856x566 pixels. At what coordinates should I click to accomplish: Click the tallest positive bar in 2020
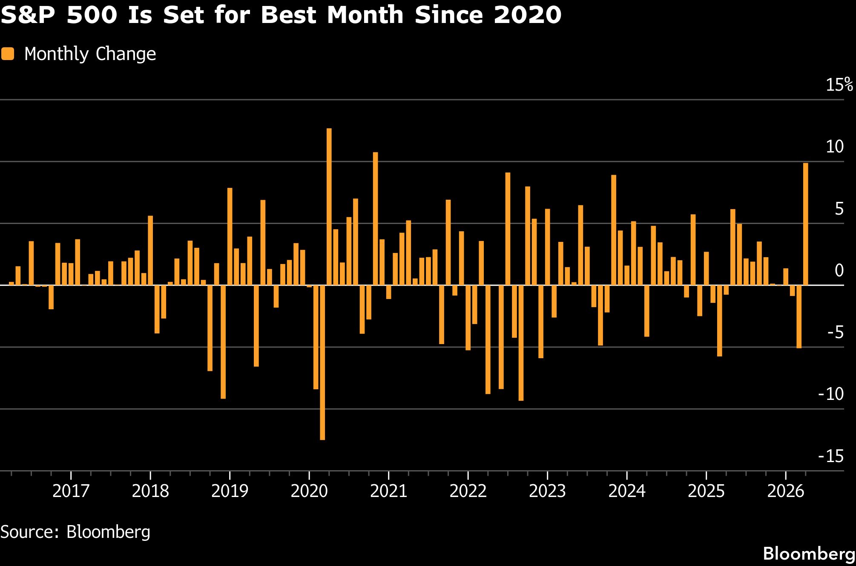click(x=329, y=207)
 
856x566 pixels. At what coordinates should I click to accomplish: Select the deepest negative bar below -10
click(x=322, y=362)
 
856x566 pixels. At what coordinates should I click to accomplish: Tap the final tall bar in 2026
click(x=805, y=224)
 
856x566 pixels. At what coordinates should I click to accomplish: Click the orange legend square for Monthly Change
click(x=8, y=54)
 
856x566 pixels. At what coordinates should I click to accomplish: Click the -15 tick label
click(x=831, y=456)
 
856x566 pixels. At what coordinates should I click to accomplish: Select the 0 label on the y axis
click(x=839, y=270)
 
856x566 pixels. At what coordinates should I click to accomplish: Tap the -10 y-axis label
click(x=831, y=394)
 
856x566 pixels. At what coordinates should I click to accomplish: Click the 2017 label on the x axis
click(x=71, y=491)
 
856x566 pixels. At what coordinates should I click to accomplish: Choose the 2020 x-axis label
click(x=309, y=491)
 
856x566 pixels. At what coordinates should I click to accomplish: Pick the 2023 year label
click(x=547, y=491)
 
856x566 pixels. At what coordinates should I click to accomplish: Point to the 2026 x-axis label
click(x=785, y=491)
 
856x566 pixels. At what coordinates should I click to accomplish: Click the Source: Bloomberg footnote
click(x=75, y=532)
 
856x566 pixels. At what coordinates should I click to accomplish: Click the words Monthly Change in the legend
click(x=90, y=54)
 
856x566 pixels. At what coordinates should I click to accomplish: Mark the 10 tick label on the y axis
click(x=835, y=147)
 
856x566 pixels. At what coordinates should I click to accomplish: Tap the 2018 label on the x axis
click(x=150, y=491)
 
